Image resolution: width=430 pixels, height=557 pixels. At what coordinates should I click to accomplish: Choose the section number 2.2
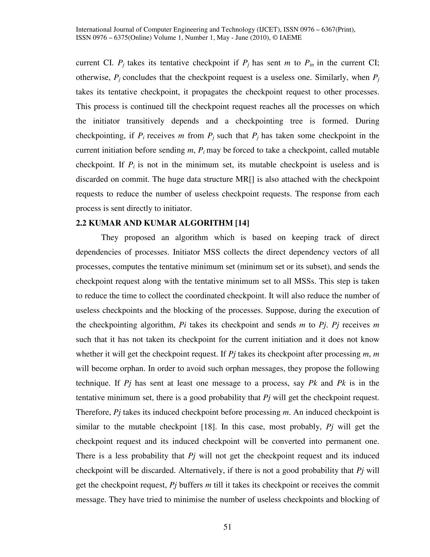(x=81, y=223)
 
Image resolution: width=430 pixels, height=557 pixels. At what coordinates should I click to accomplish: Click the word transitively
(x=146, y=121)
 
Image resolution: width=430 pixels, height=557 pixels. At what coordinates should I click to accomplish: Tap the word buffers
(x=191, y=485)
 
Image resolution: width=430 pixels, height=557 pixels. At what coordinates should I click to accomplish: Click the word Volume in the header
(x=166, y=38)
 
